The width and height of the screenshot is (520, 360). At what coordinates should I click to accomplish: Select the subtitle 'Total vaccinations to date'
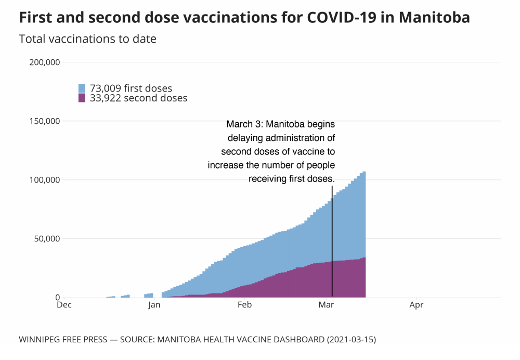(x=87, y=39)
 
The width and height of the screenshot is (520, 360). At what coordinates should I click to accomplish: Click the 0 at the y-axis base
(x=58, y=298)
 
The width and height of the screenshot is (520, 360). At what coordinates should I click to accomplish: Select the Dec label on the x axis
(x=64, y=305)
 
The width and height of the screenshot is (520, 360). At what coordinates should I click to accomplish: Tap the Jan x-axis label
(x=154, y=305)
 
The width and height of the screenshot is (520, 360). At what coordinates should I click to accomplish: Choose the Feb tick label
(x=244, y=305)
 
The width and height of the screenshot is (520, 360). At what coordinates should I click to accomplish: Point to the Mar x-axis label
(x=326, y=305)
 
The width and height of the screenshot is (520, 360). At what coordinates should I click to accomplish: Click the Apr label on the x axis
(x=416, y=305)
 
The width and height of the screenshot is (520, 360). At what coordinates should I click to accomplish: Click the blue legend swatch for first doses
(x=82, y=88)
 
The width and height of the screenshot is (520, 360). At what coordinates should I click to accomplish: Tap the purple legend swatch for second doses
(x=82, y=97)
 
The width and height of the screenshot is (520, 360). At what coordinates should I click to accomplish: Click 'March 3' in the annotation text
(x=243, y=125)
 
